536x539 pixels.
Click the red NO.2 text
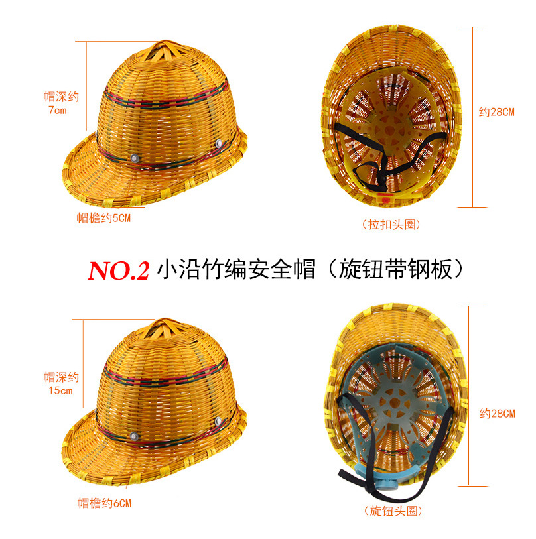[x=119, y=270]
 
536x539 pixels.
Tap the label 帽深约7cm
[x=61, y=103]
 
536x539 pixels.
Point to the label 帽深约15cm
[x=61, y=384]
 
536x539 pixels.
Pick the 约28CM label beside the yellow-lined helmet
[x=497, y=112]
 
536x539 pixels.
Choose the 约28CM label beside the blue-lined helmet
[x=497, y=414]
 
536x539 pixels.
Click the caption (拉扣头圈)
[x=391, y=225]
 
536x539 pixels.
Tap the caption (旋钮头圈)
[x=393, y=511]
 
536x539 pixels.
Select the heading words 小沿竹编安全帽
[x=235, y=269]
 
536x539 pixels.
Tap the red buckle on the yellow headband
[x=383, y=198]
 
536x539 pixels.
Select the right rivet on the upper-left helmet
[x=219, y=145]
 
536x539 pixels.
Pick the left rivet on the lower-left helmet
[x=134, y=436]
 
